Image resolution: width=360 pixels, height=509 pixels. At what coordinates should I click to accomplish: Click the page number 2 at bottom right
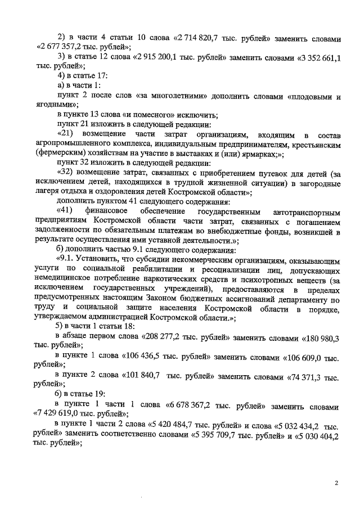[x=336, y=483]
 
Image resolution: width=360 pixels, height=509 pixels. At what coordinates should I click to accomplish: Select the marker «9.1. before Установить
[x=70, y=260]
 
